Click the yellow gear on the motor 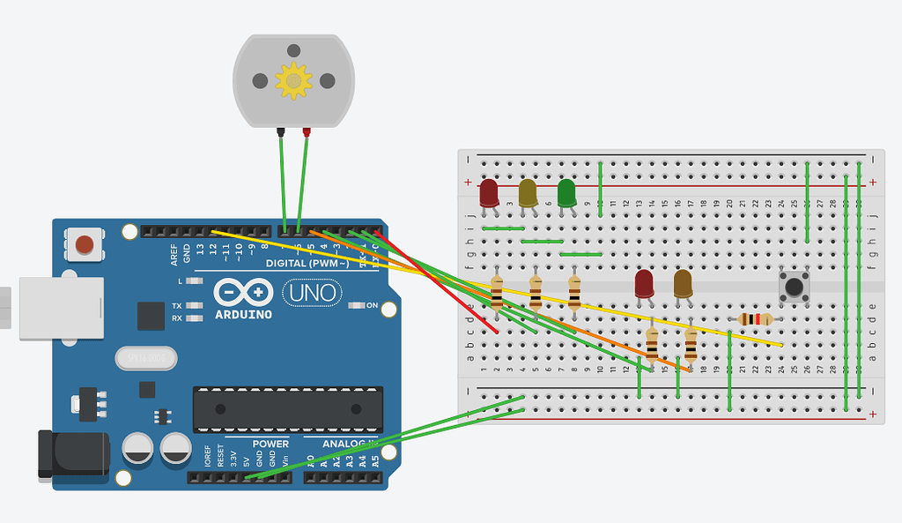click(293, 81)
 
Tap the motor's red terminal click(307, 132)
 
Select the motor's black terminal click(280, 132)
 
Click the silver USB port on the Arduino click(61, 308)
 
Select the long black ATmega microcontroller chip click(288, 409)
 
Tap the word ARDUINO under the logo click(242, 314)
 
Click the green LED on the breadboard click(566, 192)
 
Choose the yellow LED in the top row click(528, 192)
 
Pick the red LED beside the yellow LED click(489, 192)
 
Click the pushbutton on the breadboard click(795, 287)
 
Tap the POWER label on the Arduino click(270, 444)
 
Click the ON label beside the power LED click(372, 306)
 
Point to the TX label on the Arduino click(177, 305)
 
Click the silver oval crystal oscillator click(146, 358)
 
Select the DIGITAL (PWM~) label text click(307, 263)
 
